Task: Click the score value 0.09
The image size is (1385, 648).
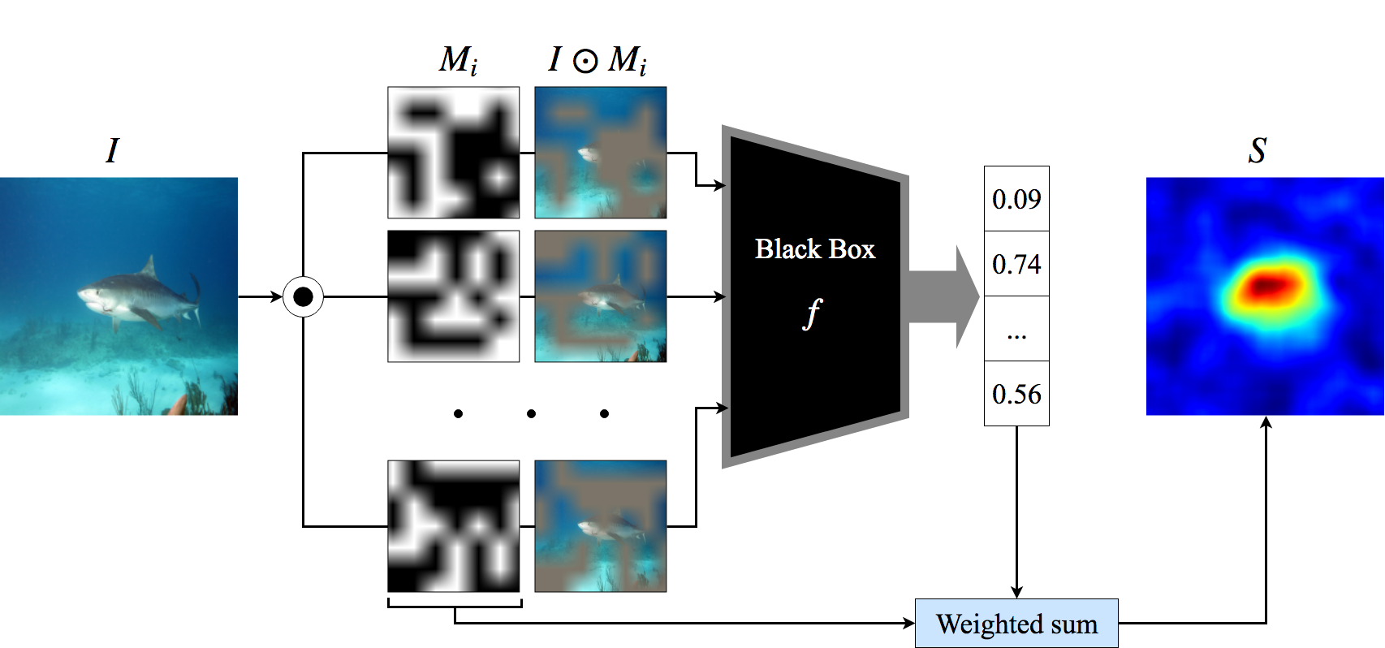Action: (1016, 199)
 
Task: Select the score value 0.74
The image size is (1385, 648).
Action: (1016, 264)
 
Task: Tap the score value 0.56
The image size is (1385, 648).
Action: (1016, 394)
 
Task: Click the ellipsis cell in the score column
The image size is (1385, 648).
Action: (1016, 330)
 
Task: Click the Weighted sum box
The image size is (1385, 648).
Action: (1016, 624)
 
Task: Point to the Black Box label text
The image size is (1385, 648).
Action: (815, 248)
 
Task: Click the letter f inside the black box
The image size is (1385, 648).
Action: (812, 313)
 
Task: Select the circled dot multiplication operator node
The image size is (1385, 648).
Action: (303, 297)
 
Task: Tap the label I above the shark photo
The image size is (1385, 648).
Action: (112, 150)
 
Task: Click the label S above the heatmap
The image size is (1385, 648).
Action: (1257, 150)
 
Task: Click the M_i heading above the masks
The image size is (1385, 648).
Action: (459, 60)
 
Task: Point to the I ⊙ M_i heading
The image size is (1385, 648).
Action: (598, 60)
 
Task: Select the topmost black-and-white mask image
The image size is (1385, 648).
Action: (453, 153)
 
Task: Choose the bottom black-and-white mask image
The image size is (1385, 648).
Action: (453, 526)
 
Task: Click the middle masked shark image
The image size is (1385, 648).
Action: (601, 296)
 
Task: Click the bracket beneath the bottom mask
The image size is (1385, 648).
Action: (455, 604)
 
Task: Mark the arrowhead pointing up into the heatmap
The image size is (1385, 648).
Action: (1266, 422)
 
